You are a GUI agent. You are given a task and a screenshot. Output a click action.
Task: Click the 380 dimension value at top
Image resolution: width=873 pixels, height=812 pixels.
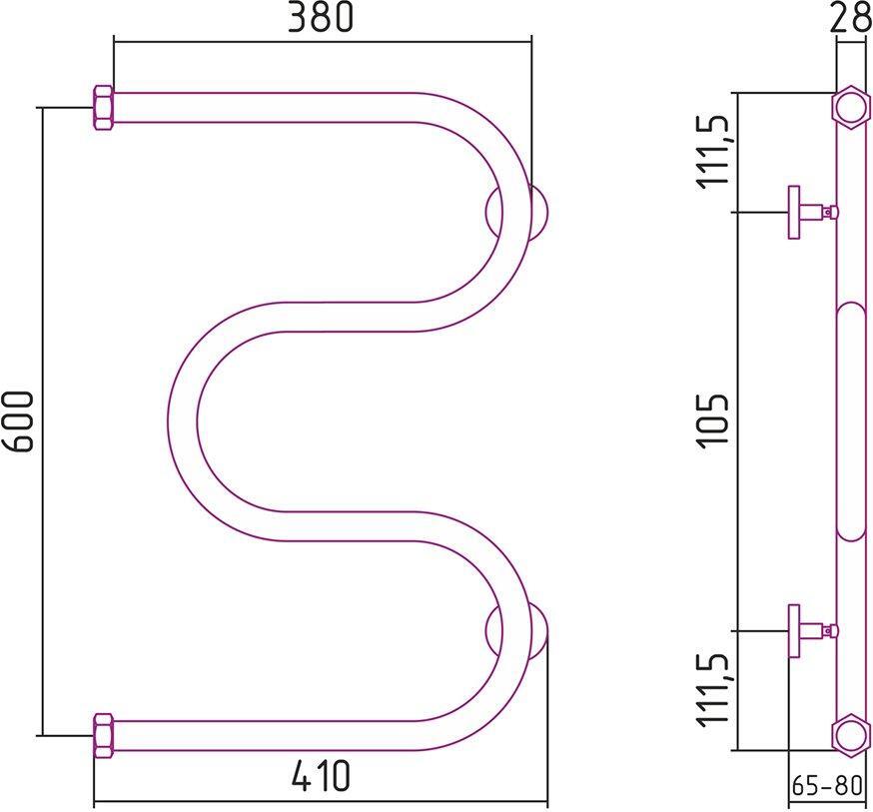pos(321,19)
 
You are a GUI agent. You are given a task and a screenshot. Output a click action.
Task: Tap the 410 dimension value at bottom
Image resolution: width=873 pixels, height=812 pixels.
pos(321,776)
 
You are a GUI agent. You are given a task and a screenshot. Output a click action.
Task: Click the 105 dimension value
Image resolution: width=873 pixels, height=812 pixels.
pos(716,421)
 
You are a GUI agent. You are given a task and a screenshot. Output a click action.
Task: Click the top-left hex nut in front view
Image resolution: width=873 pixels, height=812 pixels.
pos(103,108)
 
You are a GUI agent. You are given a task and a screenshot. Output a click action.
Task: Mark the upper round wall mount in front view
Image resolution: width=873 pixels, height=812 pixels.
pos(517,212)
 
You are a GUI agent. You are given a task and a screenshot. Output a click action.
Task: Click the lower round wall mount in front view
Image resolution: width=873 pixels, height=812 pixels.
pos(517,631)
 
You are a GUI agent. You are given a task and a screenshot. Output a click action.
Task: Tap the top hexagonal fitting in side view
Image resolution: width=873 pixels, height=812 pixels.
pos(849,108)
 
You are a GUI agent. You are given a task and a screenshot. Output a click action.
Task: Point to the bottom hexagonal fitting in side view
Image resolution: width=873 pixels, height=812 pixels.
pos(849,734)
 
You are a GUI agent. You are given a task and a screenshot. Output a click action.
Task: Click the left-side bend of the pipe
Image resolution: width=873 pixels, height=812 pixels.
pos(184,420)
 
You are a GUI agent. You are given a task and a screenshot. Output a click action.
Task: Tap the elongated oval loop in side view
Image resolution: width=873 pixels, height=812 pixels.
pos(850,420)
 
